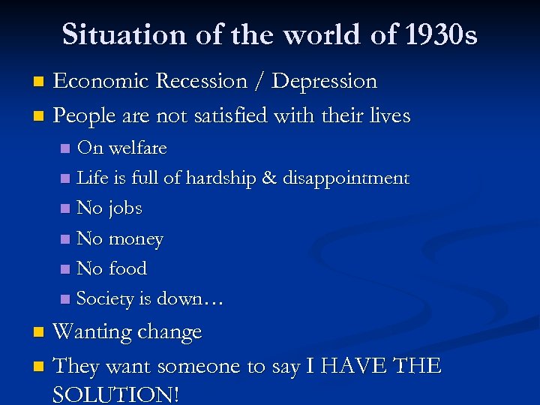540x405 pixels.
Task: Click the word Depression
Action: [324, 81]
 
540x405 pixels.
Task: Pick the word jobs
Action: [125, 208]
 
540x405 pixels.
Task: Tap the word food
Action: [127, 268]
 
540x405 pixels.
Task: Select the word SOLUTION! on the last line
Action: [116, 394]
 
